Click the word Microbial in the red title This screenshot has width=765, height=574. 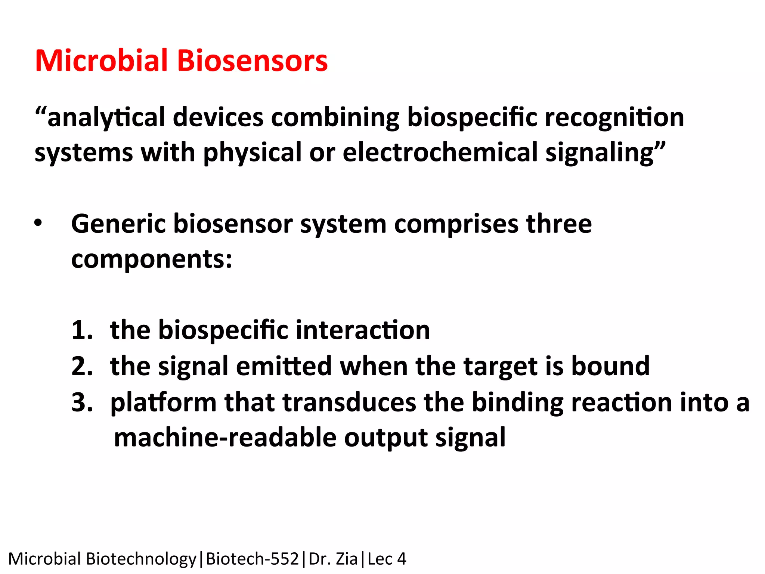101,61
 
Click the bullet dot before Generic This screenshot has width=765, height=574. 38,223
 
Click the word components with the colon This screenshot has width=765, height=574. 151,259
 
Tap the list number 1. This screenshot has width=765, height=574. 82,330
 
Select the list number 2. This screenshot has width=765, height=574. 82,366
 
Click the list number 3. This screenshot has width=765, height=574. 82,402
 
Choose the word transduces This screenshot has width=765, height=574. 349,402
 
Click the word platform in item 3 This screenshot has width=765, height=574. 163,402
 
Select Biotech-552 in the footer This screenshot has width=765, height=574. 252,559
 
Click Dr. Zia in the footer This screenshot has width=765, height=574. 333,559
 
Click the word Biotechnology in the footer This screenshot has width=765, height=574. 141,559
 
